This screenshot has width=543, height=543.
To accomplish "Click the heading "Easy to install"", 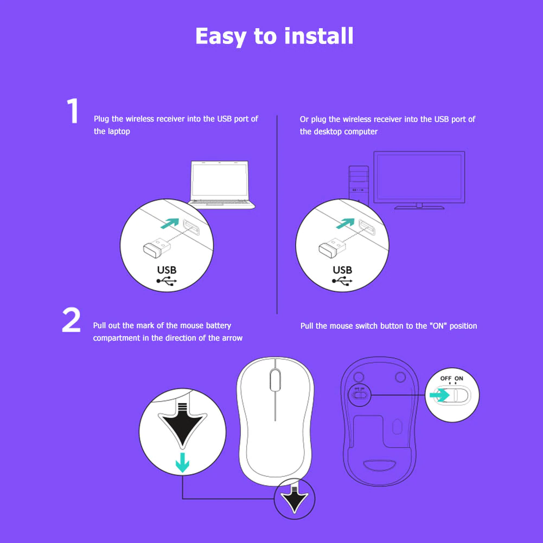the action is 274,36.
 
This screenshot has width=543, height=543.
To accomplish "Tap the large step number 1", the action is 73,111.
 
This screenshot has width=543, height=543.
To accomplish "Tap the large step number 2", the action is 72,320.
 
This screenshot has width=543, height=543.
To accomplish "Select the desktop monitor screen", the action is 419,177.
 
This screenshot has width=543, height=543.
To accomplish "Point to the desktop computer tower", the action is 359,183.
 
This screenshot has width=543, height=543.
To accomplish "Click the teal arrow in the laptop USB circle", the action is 170,223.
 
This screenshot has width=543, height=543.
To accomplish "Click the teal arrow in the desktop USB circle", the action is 346,223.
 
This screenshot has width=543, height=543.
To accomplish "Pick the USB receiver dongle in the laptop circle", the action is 157,247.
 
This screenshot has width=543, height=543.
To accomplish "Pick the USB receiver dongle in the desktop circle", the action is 333,247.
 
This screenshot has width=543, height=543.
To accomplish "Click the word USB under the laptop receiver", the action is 167,270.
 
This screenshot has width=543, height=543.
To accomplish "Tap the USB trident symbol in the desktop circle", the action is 342,281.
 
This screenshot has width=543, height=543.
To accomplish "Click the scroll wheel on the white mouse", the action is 275,380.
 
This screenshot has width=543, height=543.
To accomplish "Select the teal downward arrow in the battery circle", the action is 182,463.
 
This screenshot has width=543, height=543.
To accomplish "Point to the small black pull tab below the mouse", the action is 295,500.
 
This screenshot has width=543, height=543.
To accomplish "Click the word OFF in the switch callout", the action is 445,379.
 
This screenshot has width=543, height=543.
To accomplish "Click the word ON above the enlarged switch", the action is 459,379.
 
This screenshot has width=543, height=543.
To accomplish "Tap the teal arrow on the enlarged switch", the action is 439,395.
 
